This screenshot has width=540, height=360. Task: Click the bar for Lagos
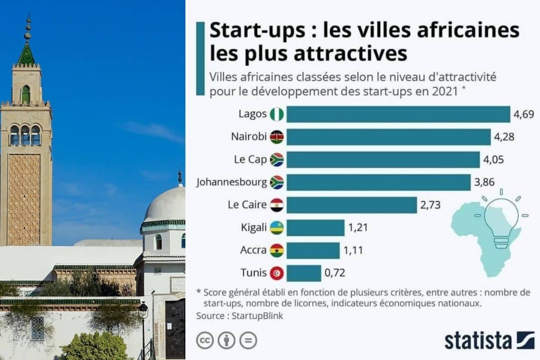click(398, 114)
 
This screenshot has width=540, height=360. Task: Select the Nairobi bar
click(388, 137)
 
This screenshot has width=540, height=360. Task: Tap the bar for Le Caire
click(351, 205)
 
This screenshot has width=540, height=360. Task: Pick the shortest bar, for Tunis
click(304, 273)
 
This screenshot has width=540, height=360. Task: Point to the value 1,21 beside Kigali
click(358, 228)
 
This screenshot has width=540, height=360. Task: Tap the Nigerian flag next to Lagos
click(276, 114)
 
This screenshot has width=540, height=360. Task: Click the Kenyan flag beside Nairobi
click(276, 137)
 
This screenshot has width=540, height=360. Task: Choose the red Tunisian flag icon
click(276, 273)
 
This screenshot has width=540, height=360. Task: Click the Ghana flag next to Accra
click(276, 251)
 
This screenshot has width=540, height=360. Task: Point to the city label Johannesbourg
click(231, 183)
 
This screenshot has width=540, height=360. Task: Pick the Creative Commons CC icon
click(205, 341)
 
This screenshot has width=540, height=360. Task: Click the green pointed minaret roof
click(26, 54)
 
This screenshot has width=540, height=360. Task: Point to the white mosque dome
click(165, 205)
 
